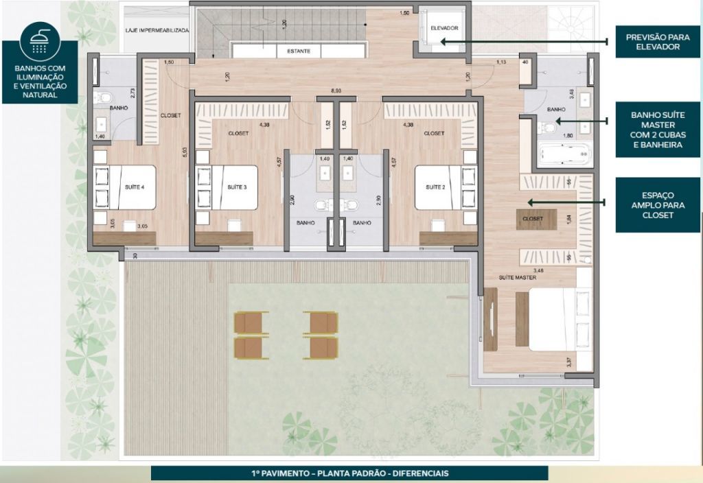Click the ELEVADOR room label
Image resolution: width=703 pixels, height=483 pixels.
pyautogui.click(x=444, y=28)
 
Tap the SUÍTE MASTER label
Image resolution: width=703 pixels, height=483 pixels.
pyautogui.click(x=517, y=277)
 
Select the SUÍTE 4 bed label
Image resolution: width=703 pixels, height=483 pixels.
pyautogui.click(x=135, y=187)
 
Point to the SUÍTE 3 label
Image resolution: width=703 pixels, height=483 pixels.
pyautogui.click(x=235, y=187)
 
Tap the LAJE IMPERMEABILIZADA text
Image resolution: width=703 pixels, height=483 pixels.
pyautogui.click(x=156, y=31)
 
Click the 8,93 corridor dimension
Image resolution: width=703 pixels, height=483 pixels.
pyautogui.click(x=336, y=91)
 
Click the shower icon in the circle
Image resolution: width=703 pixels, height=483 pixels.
pyautogui.click(x=40, y=42)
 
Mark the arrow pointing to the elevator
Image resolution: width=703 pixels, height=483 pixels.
pyautogui.click(x=522, y=42)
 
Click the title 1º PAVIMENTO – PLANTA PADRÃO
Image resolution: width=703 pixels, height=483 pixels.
pyautogui.click(x=349, y=473)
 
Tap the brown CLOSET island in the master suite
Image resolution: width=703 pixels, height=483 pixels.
pyautogui.click(x=533, y=219)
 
